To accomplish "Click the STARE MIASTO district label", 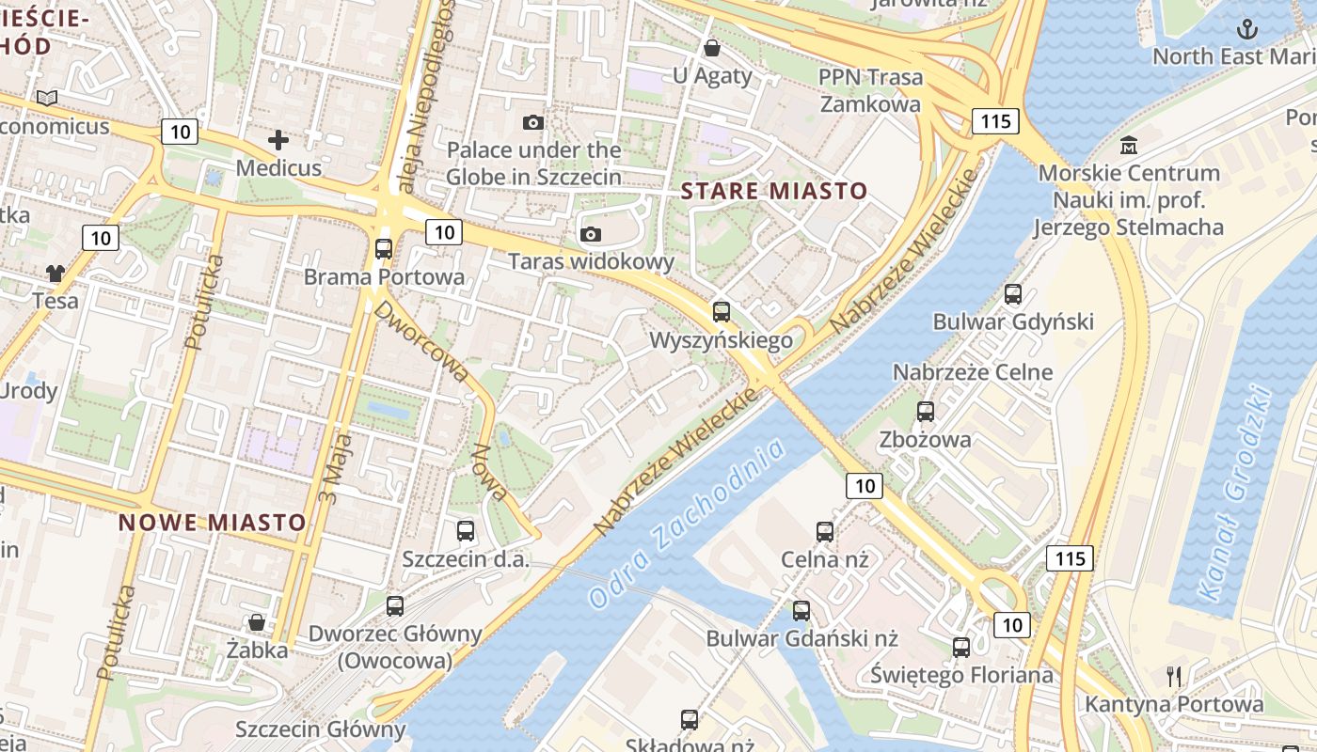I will (773, 192).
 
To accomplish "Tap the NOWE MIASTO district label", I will (213, 523).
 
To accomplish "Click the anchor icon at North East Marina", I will (1246, 29).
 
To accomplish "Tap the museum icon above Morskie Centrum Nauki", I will (1129, 146).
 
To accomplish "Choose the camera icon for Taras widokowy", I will (591, 234).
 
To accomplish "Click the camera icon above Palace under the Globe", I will (532, 122).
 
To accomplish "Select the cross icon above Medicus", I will (278, 141).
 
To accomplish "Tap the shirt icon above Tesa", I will (56, 274).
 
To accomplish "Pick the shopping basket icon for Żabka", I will (256, 622).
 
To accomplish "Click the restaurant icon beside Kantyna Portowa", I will (1173, 676).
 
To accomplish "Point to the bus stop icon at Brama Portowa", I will (383, 249).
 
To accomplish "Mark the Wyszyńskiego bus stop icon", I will (721, 311).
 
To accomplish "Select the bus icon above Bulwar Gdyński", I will (1012, 294).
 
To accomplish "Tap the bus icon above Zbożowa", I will (925, 412).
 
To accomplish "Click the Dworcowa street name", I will (423, 341).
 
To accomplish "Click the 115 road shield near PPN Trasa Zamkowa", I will (995, 120).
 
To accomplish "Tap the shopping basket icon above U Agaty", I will (712, 47).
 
